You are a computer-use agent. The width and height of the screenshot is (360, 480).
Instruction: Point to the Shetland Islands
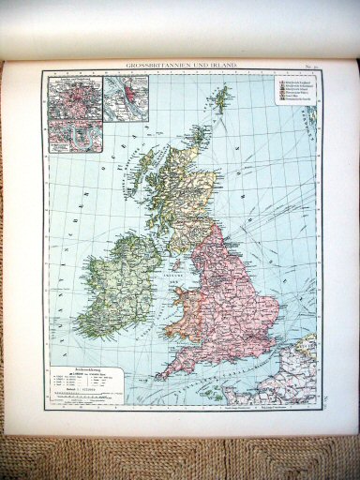click(x=221, y=95)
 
